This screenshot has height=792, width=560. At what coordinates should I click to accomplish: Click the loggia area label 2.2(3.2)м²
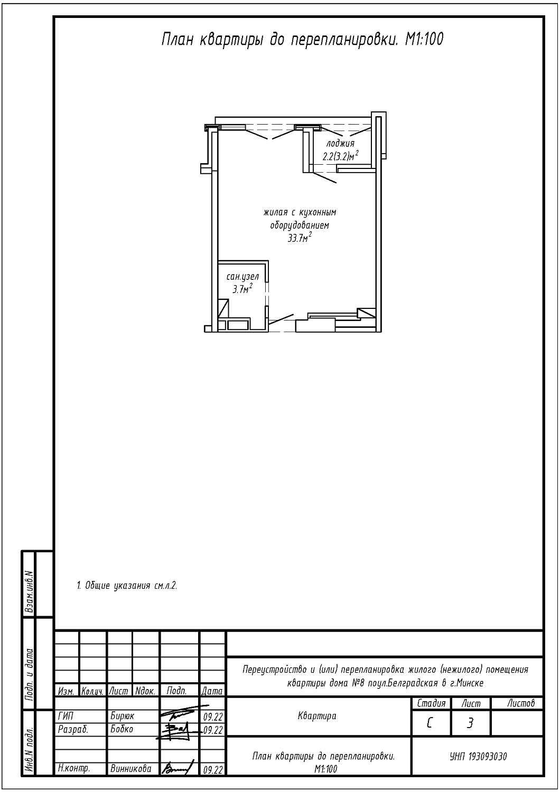340,156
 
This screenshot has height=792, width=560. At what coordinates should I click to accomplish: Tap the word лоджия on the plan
340,144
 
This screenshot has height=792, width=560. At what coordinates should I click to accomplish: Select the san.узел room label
242,277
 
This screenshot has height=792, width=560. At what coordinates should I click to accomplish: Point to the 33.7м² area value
299,238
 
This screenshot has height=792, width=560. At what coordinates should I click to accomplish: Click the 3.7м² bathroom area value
242,289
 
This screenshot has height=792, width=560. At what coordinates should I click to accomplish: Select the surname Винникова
131,768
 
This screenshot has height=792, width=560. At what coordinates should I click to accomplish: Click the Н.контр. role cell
74,768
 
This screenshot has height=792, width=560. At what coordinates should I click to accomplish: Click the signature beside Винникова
178,768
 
